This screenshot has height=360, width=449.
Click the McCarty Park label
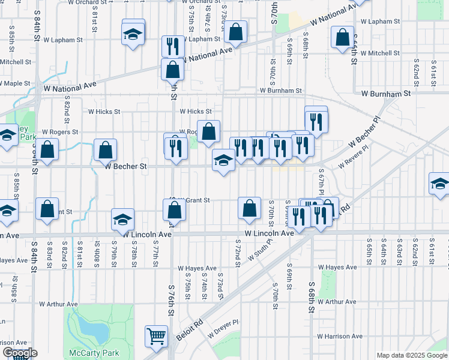click(x=90, y=352)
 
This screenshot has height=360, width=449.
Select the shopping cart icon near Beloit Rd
click(x=156, y=337)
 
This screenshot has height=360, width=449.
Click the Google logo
click(x=19, y=353)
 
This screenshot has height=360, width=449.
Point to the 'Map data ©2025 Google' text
click(x=412, y=355)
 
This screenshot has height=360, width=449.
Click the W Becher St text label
click(x=126, y=167)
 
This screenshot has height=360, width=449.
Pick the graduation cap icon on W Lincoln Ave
click(x=122, y=220)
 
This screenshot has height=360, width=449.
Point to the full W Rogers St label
click(x=60, y=131)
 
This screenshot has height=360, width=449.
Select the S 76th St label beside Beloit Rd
click(x=171, y=306)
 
